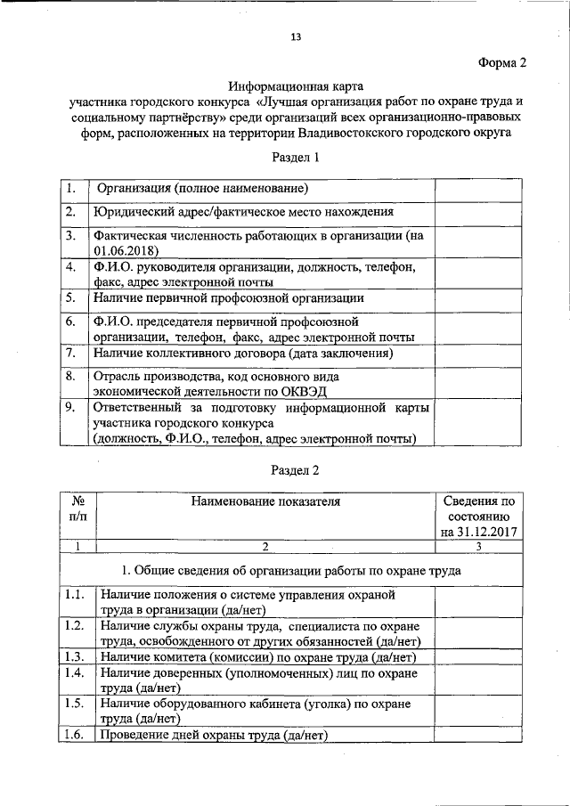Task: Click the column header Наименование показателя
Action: coord(265,501)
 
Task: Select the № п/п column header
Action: coord(77,509)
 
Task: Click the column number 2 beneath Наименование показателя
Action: coord(265,546)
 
